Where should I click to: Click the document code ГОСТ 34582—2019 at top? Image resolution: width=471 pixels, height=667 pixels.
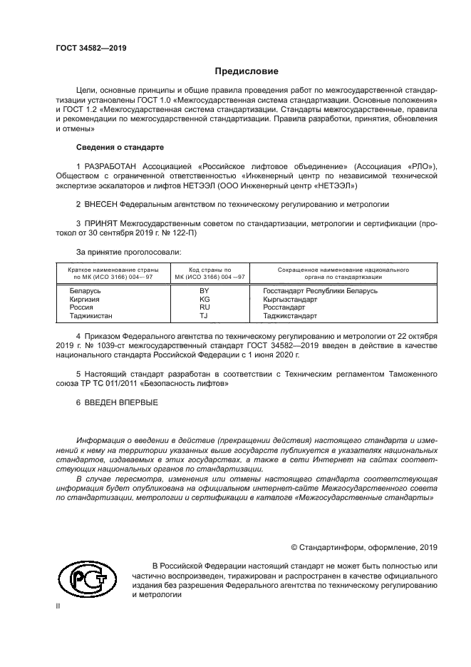click(90, 49)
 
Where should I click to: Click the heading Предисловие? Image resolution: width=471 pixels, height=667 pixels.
click(247, 71)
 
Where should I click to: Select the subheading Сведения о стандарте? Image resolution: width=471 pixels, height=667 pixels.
click(120, 147)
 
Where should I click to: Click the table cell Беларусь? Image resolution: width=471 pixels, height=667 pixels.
click(85, 291)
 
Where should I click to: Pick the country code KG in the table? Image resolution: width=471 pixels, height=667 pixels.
click(205, 300)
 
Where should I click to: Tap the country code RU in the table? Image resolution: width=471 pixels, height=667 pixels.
click(205, 307)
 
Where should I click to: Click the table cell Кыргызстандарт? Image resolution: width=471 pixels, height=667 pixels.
click(289, 300)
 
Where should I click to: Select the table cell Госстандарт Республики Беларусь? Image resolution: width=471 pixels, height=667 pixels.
click(320, 291)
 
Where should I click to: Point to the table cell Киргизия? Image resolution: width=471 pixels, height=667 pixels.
click(85, 300)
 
